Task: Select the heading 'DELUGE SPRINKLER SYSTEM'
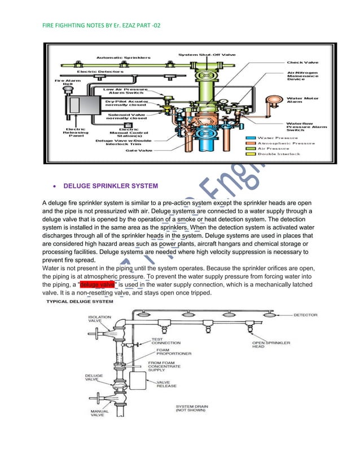pos(111,185)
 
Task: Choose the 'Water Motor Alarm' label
pos(303,100)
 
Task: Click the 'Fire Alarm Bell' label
pos(64,83)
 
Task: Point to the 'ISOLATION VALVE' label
pos(99,319)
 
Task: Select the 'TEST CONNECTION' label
pos(165,340)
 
